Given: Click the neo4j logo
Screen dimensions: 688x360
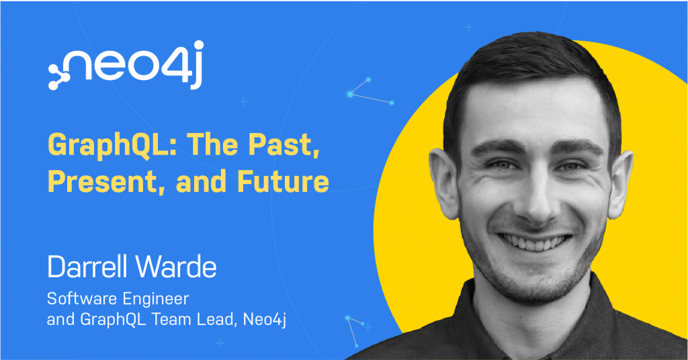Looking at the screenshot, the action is pyautogui.click(x=126, y=65).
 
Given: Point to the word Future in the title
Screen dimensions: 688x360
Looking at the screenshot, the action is pyautogui.click(x=283, y=181).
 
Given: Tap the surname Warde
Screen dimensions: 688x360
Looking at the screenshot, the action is pyautogui.click(x=176, y=266).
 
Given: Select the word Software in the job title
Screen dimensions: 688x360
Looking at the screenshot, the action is pyautogui.click(x=81, y=299).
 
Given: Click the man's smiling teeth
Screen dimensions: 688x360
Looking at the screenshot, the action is pyautogui.click(x=535, y=242).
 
